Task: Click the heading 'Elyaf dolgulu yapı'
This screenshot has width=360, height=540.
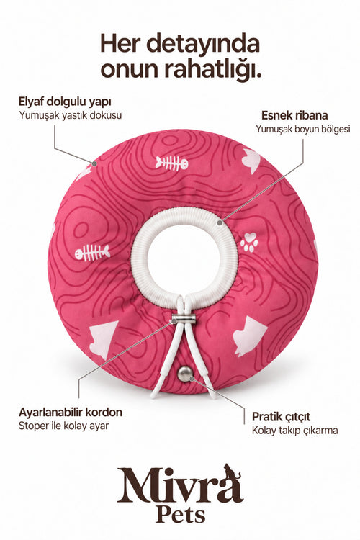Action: [x=65, y=102]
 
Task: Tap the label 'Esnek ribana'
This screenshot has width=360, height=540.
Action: [x=294, y=115]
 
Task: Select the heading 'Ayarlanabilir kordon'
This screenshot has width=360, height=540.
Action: [x=71, y=412]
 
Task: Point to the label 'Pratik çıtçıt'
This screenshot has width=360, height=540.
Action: [x=281, y=417]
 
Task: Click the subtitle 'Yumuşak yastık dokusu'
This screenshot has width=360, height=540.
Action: [x=71, y=115]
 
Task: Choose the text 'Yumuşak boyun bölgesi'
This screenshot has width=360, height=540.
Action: [x=303, y=129]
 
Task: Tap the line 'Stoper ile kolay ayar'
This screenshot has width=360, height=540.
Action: [x=63, y=426]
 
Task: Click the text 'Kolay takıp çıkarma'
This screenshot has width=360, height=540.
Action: [x=294, y=431]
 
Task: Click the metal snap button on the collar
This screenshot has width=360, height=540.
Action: [x=185, y=374]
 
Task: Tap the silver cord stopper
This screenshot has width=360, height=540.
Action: [x=184, y=319]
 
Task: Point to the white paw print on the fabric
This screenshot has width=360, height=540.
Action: [x=249, y=242]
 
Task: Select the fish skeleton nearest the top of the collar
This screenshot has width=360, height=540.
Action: [x=171, y=163]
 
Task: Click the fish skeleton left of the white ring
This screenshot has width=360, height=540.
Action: [x=92, y=253]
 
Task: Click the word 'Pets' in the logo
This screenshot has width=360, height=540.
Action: [x=180, y=516]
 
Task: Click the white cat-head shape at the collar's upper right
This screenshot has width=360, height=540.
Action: [x=251, y=160]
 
